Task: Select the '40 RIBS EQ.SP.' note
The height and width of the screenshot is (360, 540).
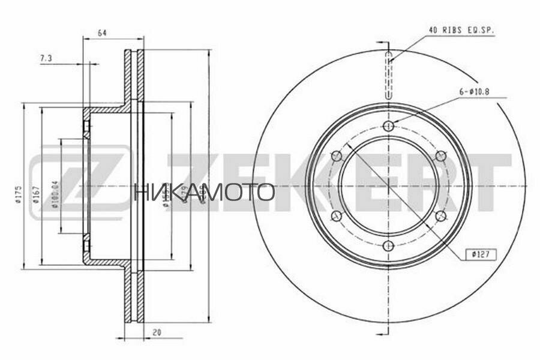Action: pyautogui.click(x=460, y=29)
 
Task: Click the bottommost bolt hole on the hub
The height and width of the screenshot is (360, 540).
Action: pyautogui.click(x=388, y=246)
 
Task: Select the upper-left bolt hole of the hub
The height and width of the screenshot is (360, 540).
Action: pyautogui.click(x=337, y=156)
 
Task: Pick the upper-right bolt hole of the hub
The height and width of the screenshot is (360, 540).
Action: pyautogui.click(x=440, y=156)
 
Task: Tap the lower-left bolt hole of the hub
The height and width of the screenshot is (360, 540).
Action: pyautogui.click(x=337, y=216)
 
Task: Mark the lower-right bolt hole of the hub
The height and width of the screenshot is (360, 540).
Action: pyautogui.click(x=440, y=216)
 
